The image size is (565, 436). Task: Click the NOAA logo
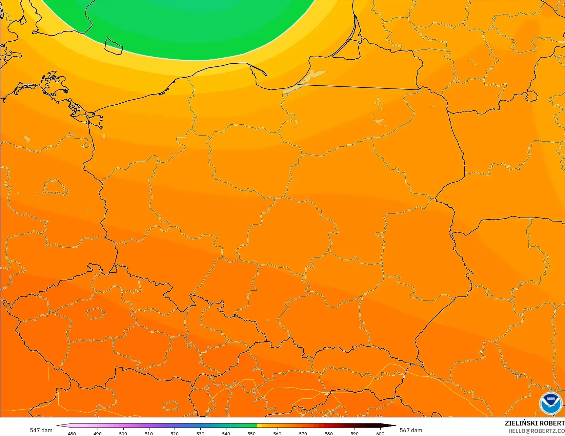click(550, 403)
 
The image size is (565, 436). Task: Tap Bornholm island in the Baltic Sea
click(114, 46)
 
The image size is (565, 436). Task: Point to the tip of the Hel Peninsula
click(265, 74)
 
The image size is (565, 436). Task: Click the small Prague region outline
click(96, 313)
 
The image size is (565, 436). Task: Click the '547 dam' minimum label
click(41, 430)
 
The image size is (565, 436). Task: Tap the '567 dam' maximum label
click(411, 430)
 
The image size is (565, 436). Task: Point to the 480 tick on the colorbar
click(72, 433)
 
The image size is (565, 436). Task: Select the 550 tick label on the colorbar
click(251, 433)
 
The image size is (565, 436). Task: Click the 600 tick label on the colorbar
click(380, 433)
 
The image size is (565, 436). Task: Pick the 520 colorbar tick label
click(175, 433)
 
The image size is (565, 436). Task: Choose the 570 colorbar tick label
click(303, 433)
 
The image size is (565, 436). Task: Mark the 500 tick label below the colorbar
click(123, 433)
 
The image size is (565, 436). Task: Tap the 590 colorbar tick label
click(354, 433)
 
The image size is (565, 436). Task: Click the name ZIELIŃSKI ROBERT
click(534, 423)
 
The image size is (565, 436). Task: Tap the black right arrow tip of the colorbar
click(394, 425)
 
